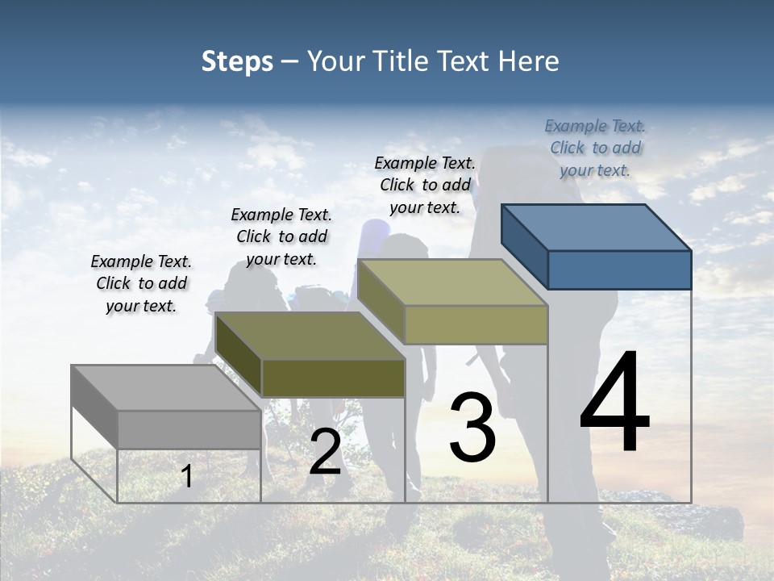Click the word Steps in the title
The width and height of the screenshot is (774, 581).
(237, 61)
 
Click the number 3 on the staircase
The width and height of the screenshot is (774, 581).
(472, 428)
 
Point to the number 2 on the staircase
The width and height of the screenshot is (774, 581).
(325, 452)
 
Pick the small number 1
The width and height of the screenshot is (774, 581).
(187, 476)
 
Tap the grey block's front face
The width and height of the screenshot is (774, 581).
(189, 429)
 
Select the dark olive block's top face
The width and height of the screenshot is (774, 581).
(310, 336)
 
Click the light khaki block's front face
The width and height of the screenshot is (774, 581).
(476, 324)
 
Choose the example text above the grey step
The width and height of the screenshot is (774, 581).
(141, 283)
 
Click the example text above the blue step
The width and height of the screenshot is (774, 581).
(595, 148)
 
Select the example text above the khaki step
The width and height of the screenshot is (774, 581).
(425, 185)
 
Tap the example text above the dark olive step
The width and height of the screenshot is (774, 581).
(281, 236)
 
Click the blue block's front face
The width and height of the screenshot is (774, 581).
(619, 270)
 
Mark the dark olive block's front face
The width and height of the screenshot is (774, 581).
(333, 378)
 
